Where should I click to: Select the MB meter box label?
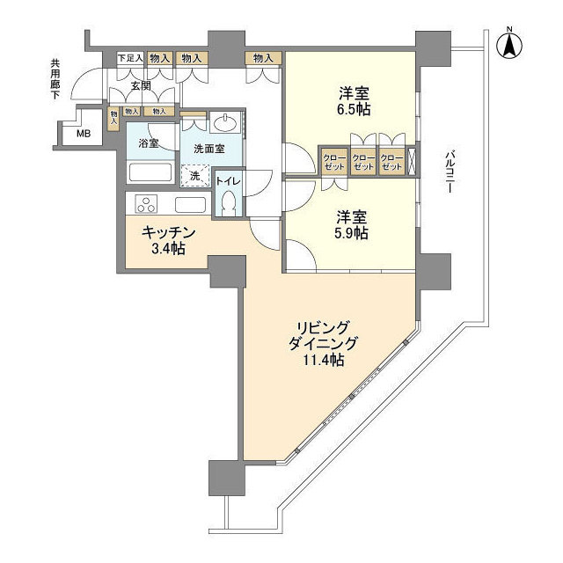83,134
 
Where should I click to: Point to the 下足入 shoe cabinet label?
130,58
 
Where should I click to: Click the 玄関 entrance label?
141,86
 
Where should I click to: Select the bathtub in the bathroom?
151,172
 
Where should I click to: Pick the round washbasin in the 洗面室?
224,122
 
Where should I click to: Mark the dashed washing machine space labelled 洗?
195,175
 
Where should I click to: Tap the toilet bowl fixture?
229,203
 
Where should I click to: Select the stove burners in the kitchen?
145,205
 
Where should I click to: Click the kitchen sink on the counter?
191,205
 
